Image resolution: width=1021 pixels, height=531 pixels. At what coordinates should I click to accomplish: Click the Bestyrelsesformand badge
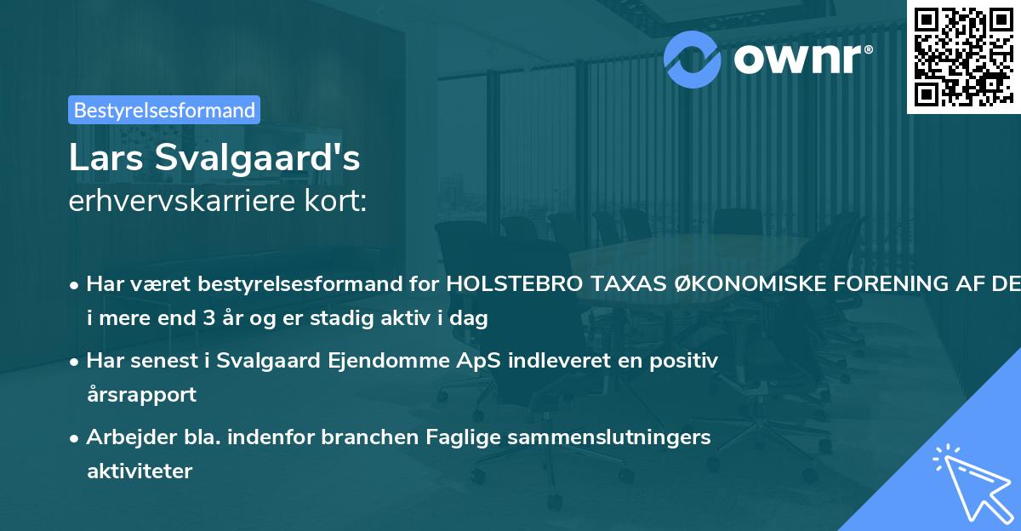pos(164,110)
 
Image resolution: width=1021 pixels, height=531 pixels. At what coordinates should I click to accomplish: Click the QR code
pos(962,56)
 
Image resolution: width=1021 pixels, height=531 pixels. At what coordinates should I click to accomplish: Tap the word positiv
pos(686,361)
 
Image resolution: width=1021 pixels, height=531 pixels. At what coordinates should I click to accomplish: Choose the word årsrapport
pos(141,395)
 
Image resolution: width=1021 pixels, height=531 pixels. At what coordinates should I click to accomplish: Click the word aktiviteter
pos(140,471)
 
